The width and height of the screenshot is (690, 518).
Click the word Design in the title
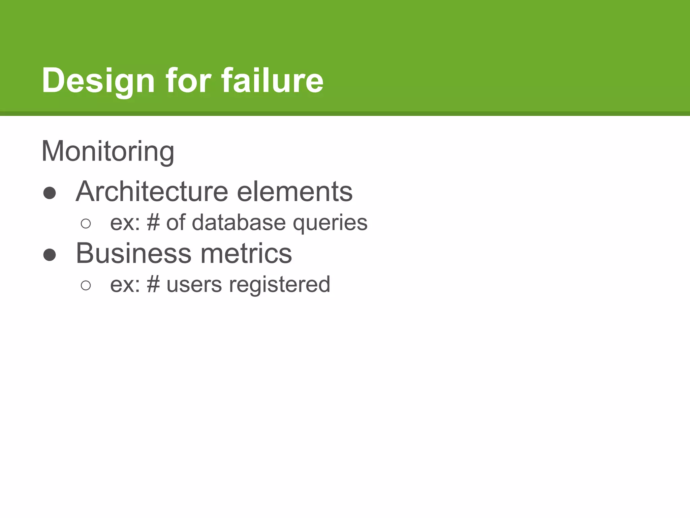[x=98, y=81]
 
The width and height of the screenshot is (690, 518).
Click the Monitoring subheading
[x=108, y=151]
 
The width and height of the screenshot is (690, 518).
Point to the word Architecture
[x=152, y=192]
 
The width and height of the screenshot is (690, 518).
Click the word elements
[x=294, y=192]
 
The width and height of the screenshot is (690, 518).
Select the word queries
[x=330, y=223]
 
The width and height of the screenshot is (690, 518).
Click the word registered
[x=280, y=285]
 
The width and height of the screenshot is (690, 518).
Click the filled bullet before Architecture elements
[x=50, y=193]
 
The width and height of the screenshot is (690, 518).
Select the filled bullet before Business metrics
[x=50, y=255]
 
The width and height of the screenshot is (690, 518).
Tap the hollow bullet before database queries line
[x=86, y=224]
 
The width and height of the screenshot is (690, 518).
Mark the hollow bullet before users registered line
[x=86, y=285]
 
